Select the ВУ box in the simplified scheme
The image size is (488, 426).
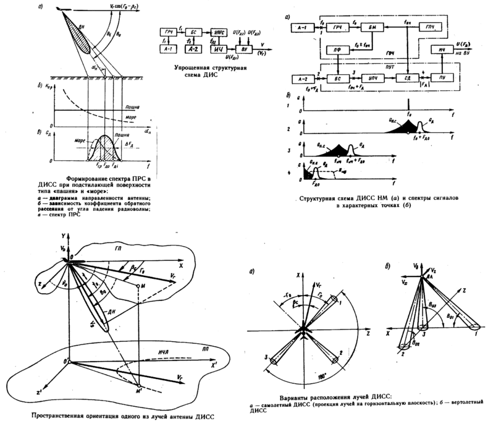click(x=243, y=48)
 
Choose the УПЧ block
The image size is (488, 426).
click(x=373, y=79)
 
